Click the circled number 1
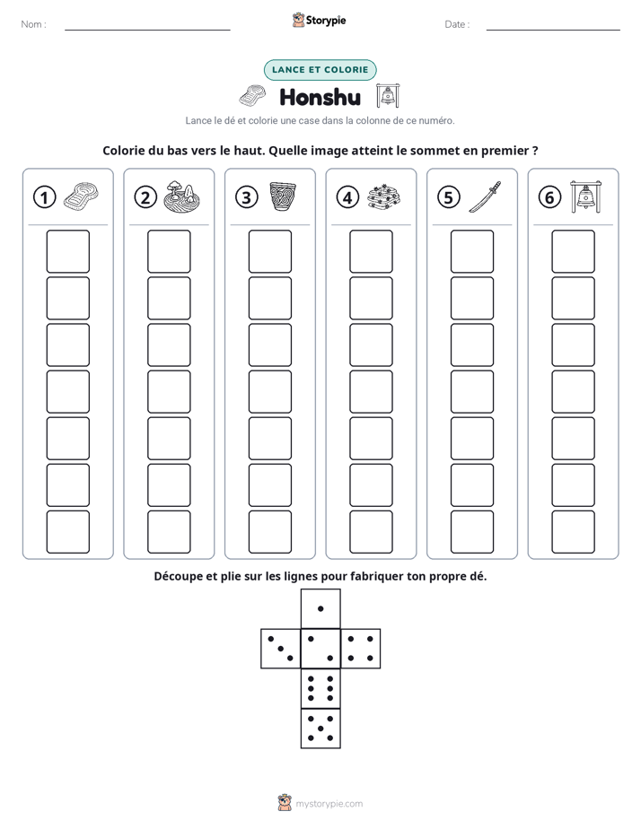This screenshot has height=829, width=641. click(44, 197)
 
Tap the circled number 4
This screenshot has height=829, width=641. click(347, 197)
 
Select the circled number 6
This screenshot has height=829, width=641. click(549, 197)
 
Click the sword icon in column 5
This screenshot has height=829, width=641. click(485, 196)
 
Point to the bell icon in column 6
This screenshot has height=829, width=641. click(585, 196)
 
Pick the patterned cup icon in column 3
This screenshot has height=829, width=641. click(283, 196)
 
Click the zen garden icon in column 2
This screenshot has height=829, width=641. click(181, 196)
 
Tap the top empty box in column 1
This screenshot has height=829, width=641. click(67, 251)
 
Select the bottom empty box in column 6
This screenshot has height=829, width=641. click(573, 532)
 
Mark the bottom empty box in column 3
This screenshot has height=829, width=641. click(269, 532)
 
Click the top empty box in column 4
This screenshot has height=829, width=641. click(371, 251)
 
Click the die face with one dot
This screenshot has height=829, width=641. click(320, 609)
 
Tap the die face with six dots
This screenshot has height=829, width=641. click(320, 688)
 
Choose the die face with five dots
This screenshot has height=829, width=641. click(320, 729)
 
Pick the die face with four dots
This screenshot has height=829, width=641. click(361, 649)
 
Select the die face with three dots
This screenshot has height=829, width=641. click(281, 649)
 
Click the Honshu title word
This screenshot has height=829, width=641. click(320, 97)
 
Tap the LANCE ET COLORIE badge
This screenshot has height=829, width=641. click(320, 70)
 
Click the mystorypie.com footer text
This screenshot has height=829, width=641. click(329, 804)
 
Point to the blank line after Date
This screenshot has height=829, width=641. click(553, 30)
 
